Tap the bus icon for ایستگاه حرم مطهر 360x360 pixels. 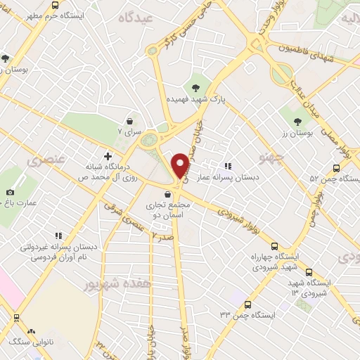click(56, 5)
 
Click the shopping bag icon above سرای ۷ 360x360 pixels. click(129, 120)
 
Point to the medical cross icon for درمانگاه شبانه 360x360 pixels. click(108, 155)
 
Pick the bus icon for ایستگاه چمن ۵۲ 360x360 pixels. click(336, 168)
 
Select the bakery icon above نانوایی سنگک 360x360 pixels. click(31, 330)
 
